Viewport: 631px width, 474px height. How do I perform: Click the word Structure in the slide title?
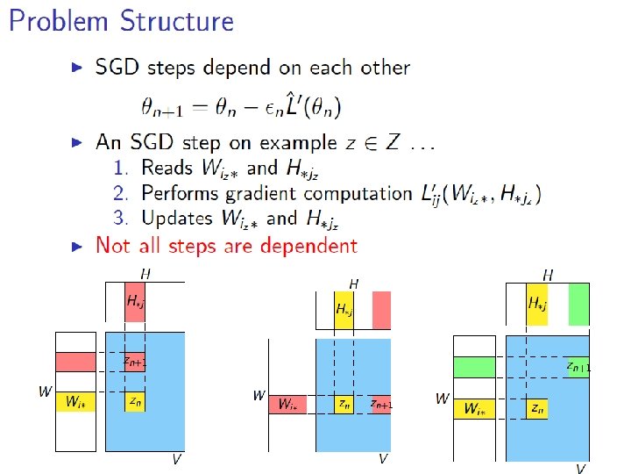pyautogui.click(x=180, y=22)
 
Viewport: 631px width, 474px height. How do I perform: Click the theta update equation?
pyautogui.click(x=241, y=107)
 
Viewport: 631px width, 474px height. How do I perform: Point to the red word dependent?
pyautogui.click(x=298, y=245)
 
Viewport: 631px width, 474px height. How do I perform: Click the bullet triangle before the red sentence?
pyautogui.click(x=78, y=245)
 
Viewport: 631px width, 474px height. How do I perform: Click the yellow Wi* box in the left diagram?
pyautogui.click(x=75, y=402)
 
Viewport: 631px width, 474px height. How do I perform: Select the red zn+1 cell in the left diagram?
pyautogui.click(x=134, y=361)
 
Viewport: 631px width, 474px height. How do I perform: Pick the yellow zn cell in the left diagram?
pyautogui.click(x=134, y=401)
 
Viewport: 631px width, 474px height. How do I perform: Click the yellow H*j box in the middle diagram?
pyautogui.click(x=344, y=310)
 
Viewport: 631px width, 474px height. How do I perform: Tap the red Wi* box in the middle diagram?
pyautogui.click(x=287, y=404)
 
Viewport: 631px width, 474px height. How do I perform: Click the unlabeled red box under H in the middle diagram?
pyautogui.click(x=380, y=310)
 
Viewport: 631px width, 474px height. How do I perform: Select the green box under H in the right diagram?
pyautogui.click(x=577, y=303)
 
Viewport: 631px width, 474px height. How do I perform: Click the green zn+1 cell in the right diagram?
pyautogui.click(x=577, y=367)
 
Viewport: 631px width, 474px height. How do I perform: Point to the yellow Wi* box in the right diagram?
pyautogui.click(x=474, y=408)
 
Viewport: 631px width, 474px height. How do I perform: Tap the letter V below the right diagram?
pyautogui.click(x=579, y=468)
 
